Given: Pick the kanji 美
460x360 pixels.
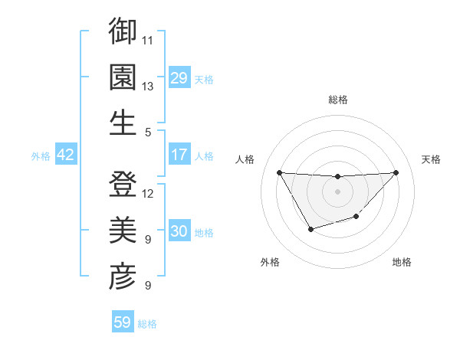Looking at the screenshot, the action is pos(123,231).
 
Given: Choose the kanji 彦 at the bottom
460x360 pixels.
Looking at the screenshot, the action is pos(123,277).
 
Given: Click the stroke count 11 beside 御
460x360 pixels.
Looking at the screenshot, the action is pos(148,39).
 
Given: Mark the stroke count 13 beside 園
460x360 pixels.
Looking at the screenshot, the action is pos(148,86).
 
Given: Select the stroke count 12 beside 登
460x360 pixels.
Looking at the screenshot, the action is pos(148,194).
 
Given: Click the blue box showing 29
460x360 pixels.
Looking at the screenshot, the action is pos(179,77).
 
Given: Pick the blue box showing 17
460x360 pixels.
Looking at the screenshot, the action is pos(179,155).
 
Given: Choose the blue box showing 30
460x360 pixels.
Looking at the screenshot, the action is pos(179,231).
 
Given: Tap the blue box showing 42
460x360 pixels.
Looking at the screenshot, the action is pos(66,155).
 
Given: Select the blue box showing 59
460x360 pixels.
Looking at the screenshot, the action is pos(123,322).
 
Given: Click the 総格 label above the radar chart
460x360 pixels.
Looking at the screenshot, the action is pos(337,100).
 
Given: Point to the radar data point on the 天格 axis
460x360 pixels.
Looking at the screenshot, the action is pos(396,172).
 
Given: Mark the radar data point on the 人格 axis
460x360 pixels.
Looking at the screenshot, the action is pos(279,172).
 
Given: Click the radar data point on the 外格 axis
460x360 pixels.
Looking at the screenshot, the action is pos(310,229).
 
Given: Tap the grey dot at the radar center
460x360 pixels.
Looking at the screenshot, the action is pos(337,191).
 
